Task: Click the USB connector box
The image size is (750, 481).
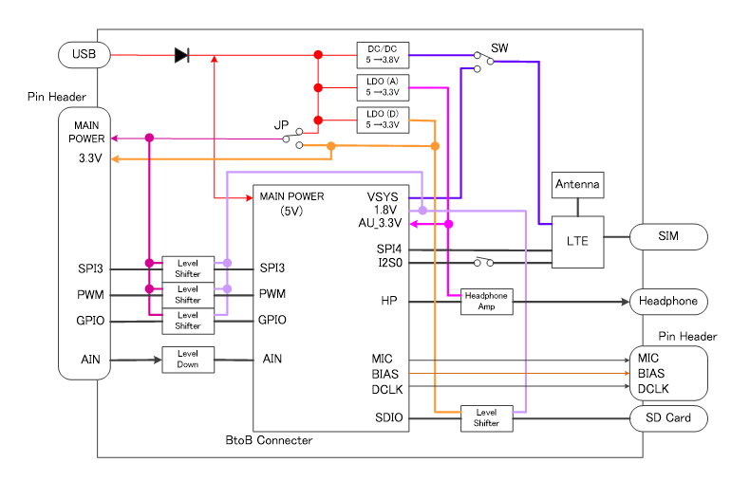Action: [84, 55]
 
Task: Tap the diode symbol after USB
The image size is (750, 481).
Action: [181, 55]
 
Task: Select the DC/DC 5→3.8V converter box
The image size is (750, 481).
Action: [383, 55]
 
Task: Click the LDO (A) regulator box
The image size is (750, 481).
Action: [383, 87]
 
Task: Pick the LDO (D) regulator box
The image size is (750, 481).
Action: [383, 120]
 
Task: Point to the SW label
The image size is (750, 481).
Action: [499, 47]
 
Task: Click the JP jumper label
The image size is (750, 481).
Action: [281, 125]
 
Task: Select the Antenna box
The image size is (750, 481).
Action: [577, 184]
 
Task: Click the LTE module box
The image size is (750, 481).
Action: [577, 241]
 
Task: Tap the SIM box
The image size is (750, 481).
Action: [668, 236]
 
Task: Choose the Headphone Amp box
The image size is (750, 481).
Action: [486, 302]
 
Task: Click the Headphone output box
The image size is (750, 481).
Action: [669, 302]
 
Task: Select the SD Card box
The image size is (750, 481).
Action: [669, 417]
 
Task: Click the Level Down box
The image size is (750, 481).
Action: [188, 360]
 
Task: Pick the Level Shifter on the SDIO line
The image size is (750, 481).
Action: [486, 417]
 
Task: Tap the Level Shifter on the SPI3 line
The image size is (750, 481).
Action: [188, 268]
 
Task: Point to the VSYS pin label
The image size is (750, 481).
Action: [384, 197]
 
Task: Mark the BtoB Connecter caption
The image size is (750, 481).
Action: [268, 440]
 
